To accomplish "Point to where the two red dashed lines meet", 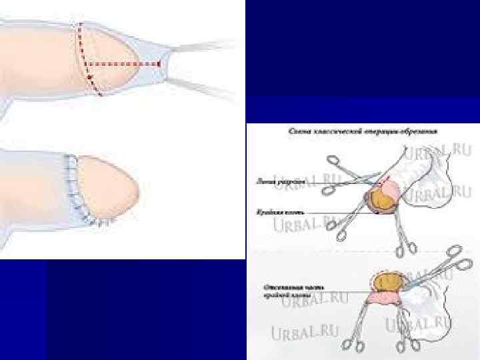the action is [x=87, y=64].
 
